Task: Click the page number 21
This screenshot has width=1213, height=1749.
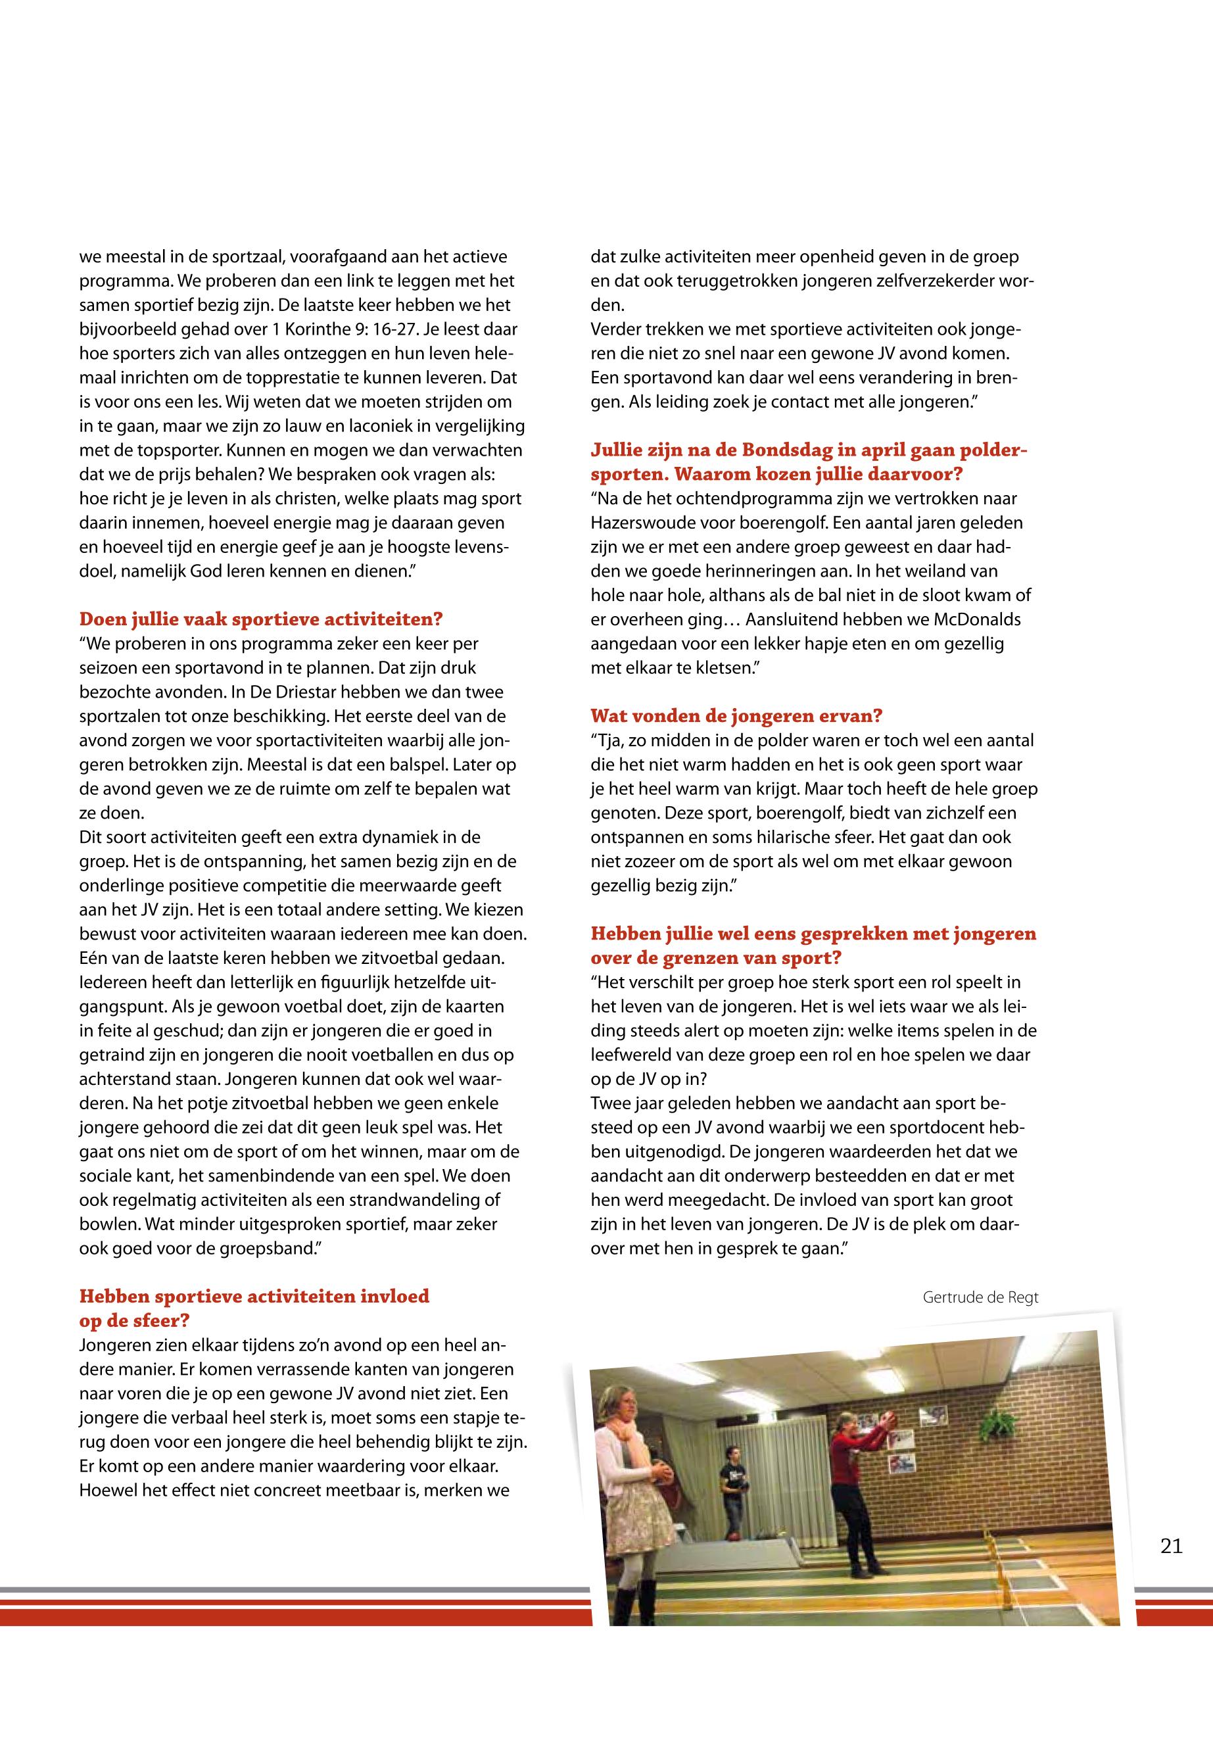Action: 1171,1546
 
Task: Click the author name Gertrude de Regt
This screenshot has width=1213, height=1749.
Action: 980,1297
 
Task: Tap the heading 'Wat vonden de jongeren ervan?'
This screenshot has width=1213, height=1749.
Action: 737,715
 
